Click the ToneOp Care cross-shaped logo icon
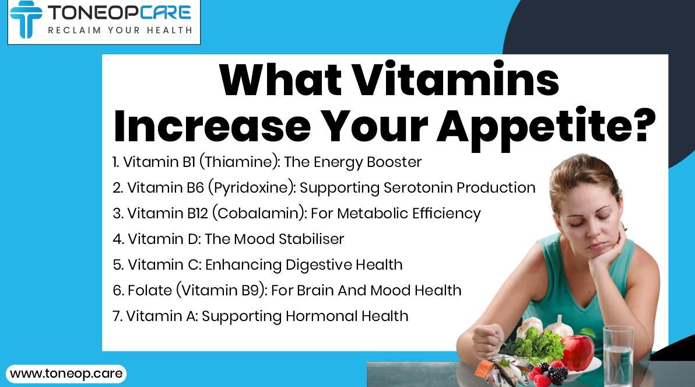(26, 19)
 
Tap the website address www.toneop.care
(66, 373)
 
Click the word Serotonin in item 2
(418, 187)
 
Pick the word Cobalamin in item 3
(258, 214)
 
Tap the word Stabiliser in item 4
(311, 239)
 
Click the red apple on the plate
(578, 352)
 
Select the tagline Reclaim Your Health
(120, 30)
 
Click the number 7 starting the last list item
(117, 316)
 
